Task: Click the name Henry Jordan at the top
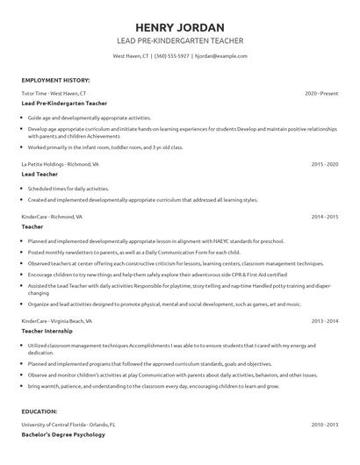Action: click(180, 27)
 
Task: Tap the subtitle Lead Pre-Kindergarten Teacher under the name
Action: click(180, 41)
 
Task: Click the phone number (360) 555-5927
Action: click(171, 56)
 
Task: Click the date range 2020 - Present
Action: click(321, 93)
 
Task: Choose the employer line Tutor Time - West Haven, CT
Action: click(54, 93)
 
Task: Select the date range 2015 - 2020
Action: click(324, 164)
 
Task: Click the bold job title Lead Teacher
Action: click(40, 175)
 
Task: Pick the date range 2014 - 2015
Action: click(324, 216)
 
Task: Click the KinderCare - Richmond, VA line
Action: click(52, 216)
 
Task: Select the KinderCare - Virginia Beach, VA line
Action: click(58, 321)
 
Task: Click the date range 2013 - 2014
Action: click(324, 321)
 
